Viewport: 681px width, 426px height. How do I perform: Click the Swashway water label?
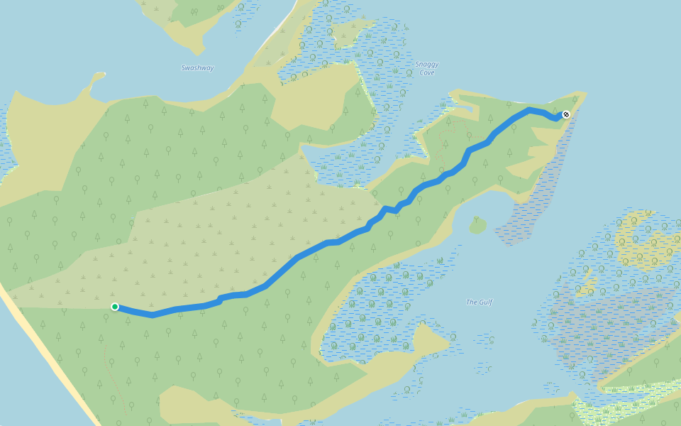click(x=197, y=68)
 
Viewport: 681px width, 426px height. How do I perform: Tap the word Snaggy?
click(x=426, y=65)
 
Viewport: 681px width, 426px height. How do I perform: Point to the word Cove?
click(x=426, y=73)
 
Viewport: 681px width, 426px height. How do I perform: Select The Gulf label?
click(x=479, y=302)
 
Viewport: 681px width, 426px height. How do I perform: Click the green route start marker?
click(x=115, y=307)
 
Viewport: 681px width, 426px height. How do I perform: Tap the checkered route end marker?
click(x=566, y=114)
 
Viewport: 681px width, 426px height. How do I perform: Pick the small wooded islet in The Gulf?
click(x=477, y=226)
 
